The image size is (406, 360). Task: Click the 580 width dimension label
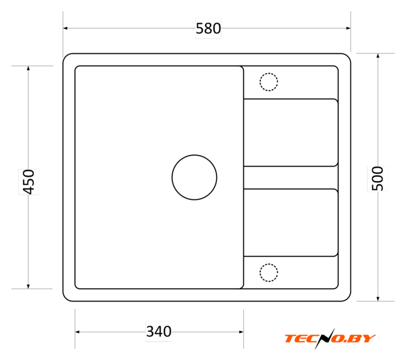pyautogui.click(x=208, y=28)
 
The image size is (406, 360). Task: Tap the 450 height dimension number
pyautogui.click(x=29, y=182)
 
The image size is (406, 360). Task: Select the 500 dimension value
pyautogui.click(x=377, y=179)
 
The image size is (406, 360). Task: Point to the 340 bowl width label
pyautogui.click(x=159, y=331)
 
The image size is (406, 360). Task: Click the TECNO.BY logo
pyautogui.click(x=330, y=339)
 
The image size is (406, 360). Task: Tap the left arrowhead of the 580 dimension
pyautogui.click(x=65, y=28)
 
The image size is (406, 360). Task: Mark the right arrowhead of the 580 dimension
pyautogui.click(x=348, y=28)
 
